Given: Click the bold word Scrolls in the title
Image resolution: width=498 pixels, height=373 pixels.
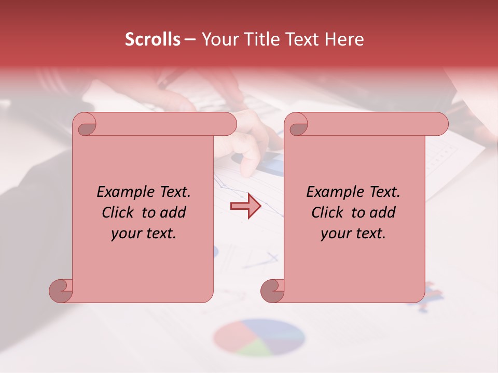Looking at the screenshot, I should pyautogui.click(x=153, y=39).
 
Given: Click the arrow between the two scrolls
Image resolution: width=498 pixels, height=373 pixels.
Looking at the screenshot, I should pyautogui.click(x=246, y=206).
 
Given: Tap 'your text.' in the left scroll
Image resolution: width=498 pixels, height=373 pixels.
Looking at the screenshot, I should pyautogui.click(x=144, y=234).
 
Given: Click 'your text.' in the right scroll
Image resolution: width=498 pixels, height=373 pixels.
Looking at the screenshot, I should pyautogui.click(x=353, y=234).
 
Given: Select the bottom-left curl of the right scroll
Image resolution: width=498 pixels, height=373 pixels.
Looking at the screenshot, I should pyautogui.click(x=273, y=290).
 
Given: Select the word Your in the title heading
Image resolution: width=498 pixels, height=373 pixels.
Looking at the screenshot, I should pyautogui.click(x=218, y=39).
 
